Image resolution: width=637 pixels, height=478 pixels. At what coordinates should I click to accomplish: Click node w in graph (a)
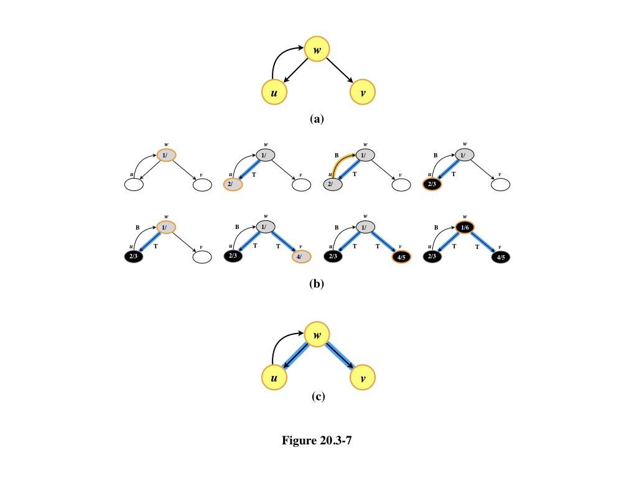317,49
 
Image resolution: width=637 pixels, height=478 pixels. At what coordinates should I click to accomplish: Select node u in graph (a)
274,93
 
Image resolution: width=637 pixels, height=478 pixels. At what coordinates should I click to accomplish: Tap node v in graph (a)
363,93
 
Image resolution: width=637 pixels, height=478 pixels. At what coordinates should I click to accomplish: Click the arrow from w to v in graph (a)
340,71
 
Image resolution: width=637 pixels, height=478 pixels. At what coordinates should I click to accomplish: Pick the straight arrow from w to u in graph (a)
295,71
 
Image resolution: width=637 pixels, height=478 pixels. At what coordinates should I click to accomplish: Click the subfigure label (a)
317,119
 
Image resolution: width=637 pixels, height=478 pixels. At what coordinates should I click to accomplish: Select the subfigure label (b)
317,284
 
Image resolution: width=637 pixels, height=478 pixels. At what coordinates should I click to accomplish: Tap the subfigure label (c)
318,396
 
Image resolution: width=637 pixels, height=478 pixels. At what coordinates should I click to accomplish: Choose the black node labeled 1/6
465,228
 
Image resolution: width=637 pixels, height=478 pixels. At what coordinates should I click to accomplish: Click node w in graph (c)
317,335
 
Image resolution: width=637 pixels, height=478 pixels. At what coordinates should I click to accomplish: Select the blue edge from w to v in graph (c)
340,357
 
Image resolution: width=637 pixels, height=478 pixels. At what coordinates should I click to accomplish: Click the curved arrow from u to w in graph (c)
279,346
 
